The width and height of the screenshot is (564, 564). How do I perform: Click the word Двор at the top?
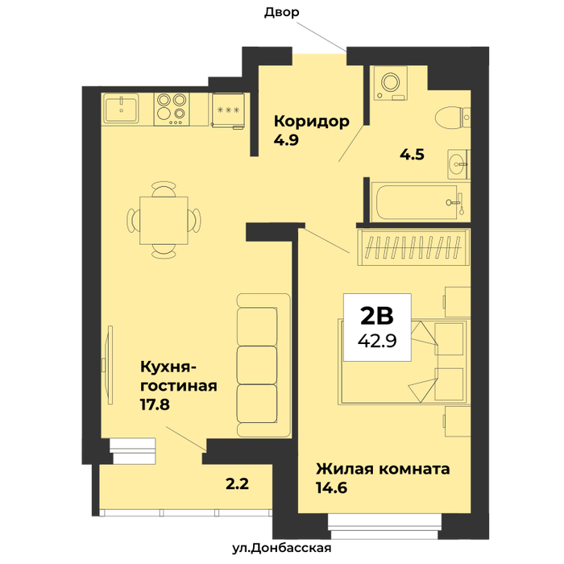click(282, 12)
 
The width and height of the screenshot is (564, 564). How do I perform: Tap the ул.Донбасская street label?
click(282, 548)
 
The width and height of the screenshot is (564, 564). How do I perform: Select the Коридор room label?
click(312, 122)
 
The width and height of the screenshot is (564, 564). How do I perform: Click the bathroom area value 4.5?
click(413, 155)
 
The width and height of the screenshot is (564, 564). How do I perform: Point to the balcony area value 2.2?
click(238, 483)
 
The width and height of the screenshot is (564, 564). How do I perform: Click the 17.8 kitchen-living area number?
click(155, 404)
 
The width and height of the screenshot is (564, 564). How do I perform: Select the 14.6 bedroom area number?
click(332, 487)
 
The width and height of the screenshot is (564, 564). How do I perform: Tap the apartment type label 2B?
click(377, 316)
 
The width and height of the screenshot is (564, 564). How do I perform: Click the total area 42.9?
click(377, 340)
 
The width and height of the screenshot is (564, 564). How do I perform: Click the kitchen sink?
click(122, 109)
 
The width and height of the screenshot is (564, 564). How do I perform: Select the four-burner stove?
click(172, 110)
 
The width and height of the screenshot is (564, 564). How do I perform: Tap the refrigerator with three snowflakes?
click(228, 110)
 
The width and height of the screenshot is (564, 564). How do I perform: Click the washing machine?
click(390, 83)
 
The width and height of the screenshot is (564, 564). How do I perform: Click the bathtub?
click(420, 202)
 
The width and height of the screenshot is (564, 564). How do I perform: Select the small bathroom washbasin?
click(458, 164)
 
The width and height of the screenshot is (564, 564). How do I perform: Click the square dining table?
click(164, 221)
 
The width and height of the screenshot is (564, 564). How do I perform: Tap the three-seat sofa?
click(263, 366)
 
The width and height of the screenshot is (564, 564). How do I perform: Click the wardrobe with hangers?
click(413, 247)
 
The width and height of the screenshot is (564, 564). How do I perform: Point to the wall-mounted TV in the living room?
click(109, 365)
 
